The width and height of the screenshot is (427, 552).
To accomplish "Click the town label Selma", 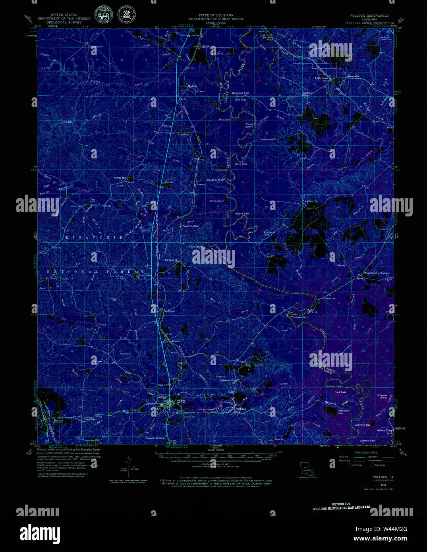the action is tap(206, 46).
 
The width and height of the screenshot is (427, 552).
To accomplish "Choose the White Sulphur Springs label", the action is tap(377, 273).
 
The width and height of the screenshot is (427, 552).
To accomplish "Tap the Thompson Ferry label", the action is tap(300, 317).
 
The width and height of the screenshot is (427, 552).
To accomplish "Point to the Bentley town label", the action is tap(58, 421).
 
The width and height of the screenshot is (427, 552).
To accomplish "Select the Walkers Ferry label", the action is tap(384, 430).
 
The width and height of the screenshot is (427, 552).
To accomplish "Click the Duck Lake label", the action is tap(340, 392).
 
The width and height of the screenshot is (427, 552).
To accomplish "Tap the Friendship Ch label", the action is tap(228, 380).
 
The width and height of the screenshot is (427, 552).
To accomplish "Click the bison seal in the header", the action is tap(104, 16).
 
